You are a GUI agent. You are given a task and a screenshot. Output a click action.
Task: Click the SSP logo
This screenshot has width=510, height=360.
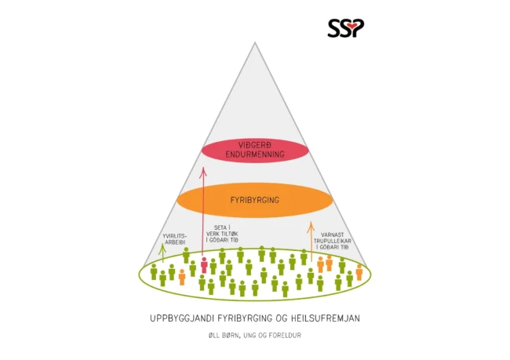click(x=346, y=28)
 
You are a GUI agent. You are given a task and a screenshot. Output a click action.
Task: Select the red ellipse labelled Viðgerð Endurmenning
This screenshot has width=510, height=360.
click(x=255, y=151)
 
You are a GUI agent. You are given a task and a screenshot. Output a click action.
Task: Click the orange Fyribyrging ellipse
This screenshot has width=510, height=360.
click(x=255, y=200)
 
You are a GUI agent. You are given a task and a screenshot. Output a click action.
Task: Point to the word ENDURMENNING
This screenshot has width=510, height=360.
click(x=255, y=155)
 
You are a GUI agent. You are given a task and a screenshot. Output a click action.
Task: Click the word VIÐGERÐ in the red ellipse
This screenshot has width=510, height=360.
click(x=255, y=145)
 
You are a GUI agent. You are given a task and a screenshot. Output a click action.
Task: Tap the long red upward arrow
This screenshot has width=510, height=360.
click(x=203, y=212)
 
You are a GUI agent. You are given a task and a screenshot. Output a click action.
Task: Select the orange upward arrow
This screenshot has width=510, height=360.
click(x=311, y=242)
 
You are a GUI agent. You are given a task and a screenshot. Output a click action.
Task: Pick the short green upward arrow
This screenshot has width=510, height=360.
click(x=163, y=253)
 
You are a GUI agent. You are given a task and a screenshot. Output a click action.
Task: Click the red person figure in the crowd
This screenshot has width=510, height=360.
click(x=204, y=265)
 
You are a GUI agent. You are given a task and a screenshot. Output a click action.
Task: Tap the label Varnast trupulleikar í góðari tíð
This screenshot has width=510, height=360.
click(x=332, y=241)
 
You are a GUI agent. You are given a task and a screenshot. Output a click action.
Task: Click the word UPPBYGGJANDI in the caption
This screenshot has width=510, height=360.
click(x=181, y=318)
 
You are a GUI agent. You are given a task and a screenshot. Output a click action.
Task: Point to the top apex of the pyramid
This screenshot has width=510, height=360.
click(x=255, y=42)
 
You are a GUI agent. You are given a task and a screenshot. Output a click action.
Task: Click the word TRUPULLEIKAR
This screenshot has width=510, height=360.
click(x=332, y=241)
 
